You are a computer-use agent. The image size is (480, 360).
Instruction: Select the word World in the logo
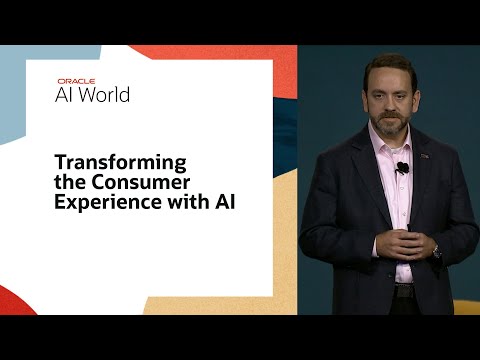[x=109, y=95]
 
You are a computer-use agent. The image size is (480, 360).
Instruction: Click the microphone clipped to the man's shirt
[x=402, y=167]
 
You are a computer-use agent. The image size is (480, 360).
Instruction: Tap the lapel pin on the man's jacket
[x=424, y=156]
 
